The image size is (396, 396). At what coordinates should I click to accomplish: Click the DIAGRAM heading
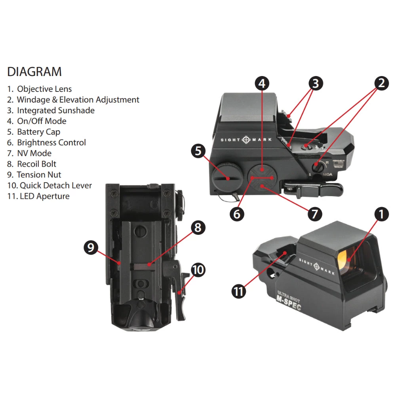point(34,72)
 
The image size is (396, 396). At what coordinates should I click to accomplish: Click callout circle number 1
point(381,214)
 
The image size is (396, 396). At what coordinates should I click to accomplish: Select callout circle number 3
point(315,83)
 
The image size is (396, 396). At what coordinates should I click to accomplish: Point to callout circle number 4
point(262,83)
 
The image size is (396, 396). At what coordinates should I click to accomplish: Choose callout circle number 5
point(198,150)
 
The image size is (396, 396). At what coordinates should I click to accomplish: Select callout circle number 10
point(198,270)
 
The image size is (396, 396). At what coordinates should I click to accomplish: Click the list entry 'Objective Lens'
point(39,89)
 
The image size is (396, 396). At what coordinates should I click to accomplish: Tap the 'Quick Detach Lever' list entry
point(49,185)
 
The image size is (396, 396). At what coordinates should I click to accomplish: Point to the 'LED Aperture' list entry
point(38,196)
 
